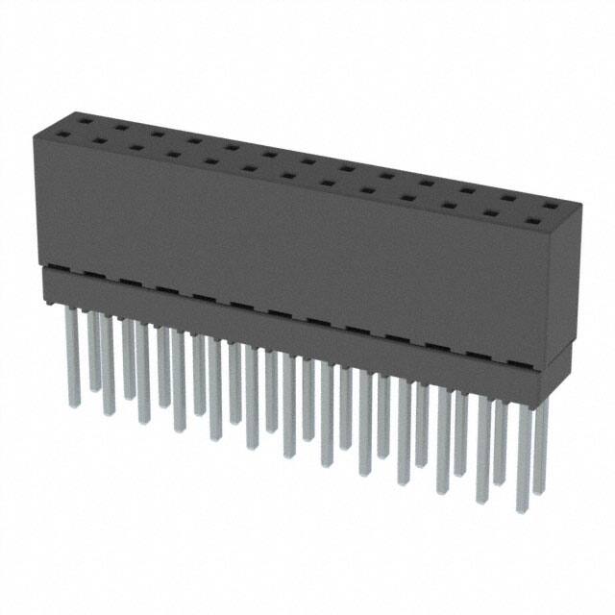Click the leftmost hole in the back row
86,121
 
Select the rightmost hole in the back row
547,206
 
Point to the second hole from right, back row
507,198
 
